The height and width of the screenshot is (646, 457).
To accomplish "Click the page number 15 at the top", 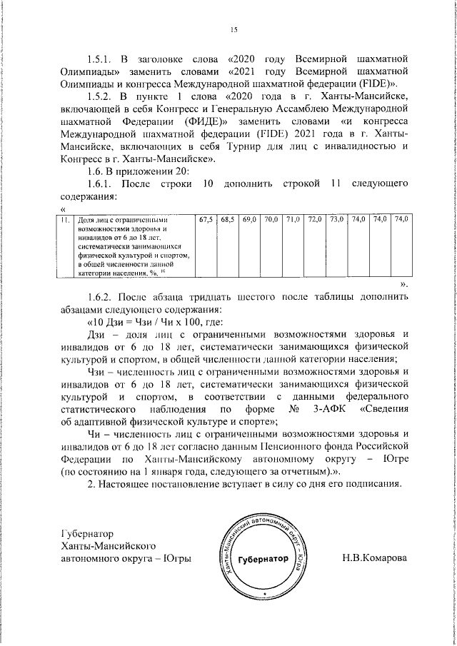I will (233, 29).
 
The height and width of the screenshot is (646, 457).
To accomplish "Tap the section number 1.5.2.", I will (99, 96).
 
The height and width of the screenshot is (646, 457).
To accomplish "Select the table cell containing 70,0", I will (271, 218).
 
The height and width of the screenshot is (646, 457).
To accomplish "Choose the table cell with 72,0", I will (314, 218).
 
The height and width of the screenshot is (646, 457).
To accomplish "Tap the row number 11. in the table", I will (65, 219).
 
